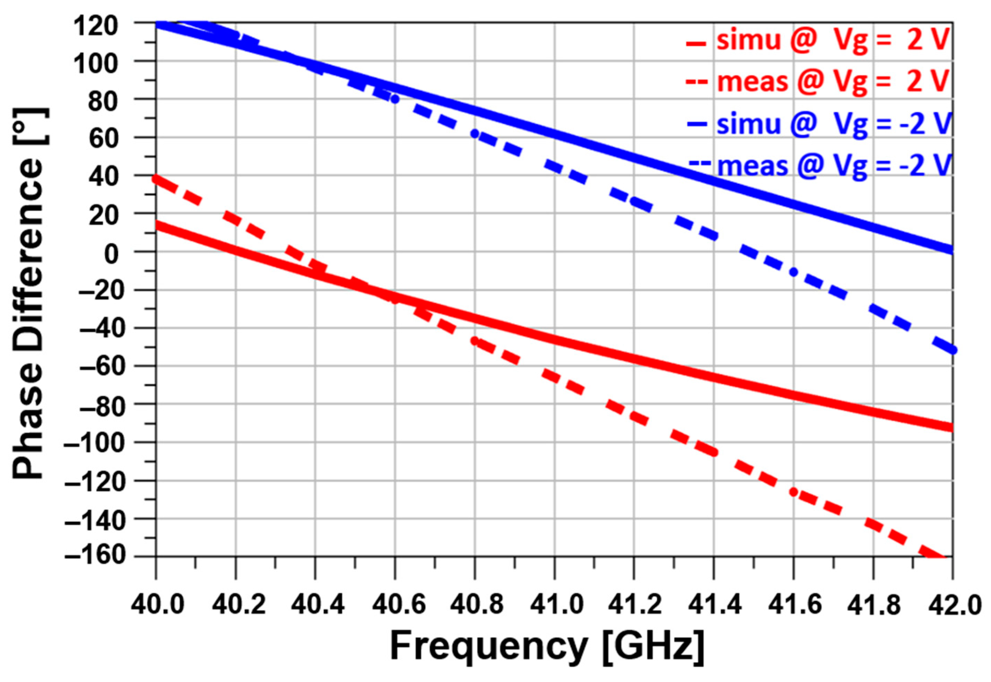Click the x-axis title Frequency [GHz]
pyautogui.click(x=547, y=645)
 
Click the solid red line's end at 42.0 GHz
pyautogui.click(x=951, y=427)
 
